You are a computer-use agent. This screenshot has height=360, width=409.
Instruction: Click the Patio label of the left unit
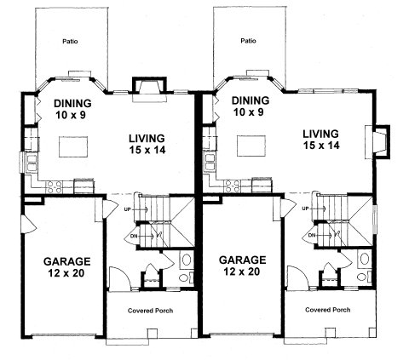71,40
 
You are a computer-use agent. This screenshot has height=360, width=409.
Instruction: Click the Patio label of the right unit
248,40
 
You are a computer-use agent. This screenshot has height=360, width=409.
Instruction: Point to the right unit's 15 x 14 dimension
321,146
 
